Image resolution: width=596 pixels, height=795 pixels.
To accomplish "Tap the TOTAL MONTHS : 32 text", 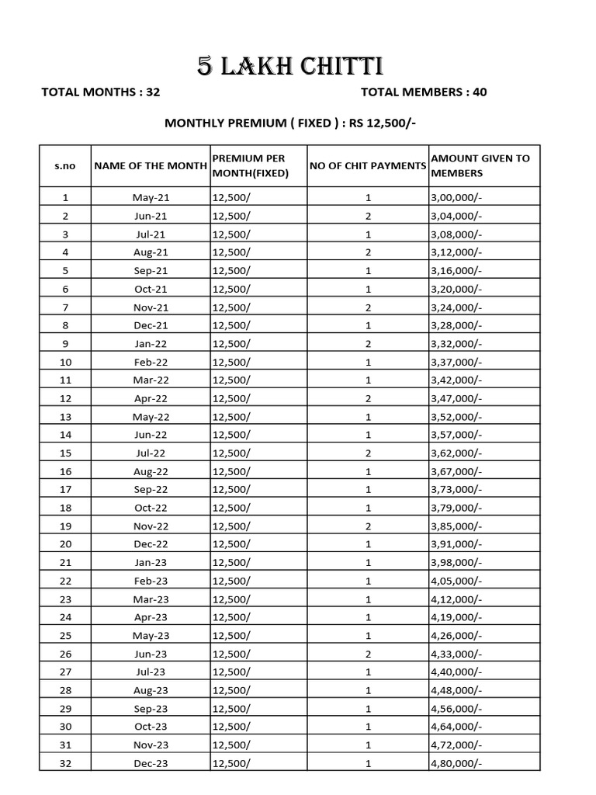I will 100,92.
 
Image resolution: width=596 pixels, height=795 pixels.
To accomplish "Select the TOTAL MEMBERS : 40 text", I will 424,92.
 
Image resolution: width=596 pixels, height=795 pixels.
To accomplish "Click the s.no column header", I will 65,166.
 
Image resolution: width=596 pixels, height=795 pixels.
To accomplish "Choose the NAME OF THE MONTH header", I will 150,166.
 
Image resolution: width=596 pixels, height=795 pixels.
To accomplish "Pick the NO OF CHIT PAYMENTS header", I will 368,166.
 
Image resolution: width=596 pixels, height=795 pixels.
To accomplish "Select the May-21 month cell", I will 150,198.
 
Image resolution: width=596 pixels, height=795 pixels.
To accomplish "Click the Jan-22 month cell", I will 150,344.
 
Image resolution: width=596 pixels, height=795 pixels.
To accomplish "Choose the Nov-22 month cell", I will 150,526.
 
